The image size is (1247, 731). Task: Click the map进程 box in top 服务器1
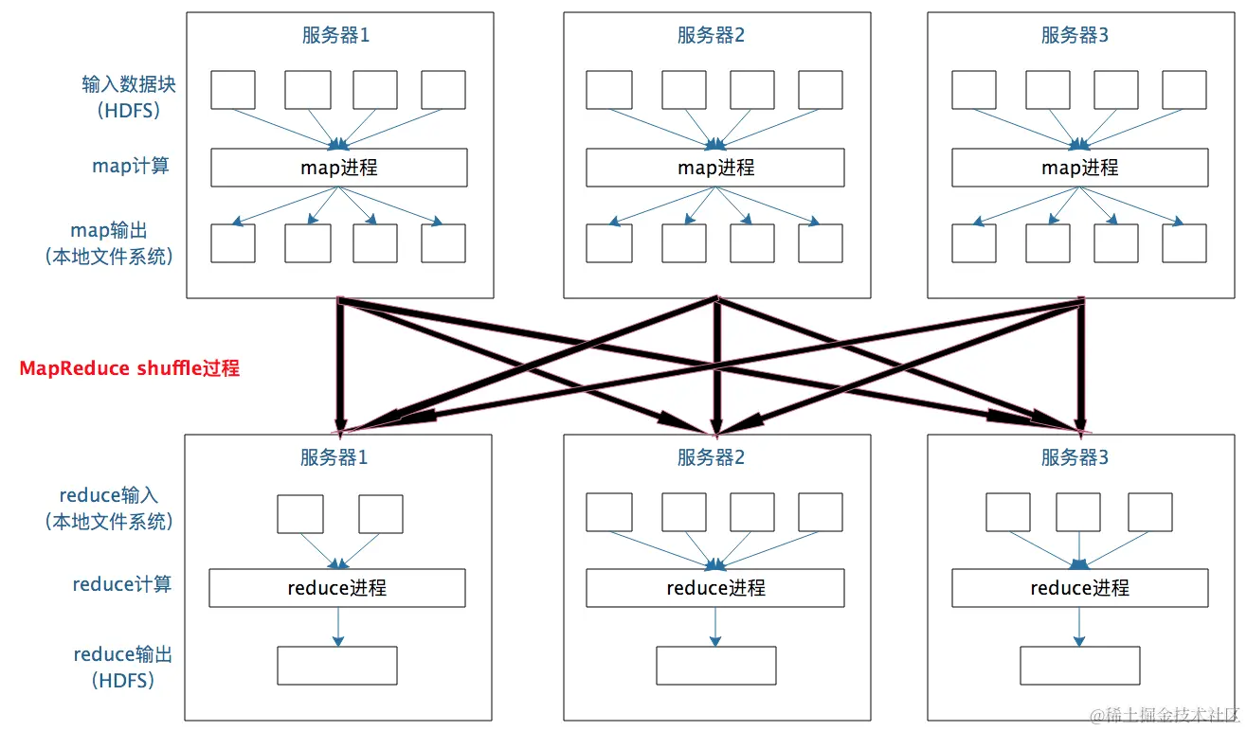(338, 168)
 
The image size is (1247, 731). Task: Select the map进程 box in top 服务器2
(714, 168)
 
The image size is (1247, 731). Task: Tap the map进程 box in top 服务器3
(1079, 168)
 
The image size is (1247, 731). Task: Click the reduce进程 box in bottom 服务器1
(336, 588)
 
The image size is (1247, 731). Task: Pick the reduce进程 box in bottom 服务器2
(714, 588)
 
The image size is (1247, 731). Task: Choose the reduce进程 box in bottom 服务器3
(1079, 588)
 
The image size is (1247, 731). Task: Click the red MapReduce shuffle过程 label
(130, 368)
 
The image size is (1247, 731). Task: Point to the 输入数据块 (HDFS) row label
(129, 97)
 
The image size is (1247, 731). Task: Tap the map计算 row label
(131, 166)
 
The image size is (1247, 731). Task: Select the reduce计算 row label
(122, 584)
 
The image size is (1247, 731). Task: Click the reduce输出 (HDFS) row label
(123, 667)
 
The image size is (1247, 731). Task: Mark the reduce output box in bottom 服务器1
(336, 666)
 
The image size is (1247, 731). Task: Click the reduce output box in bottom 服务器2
(715, 666)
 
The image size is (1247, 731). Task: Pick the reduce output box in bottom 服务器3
(1079, 666)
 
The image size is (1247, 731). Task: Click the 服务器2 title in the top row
(711, 36)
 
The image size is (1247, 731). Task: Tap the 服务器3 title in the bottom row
(1075, 458)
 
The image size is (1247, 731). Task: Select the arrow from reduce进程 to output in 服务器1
(337, 627)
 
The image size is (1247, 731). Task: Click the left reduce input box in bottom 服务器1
(299, 513)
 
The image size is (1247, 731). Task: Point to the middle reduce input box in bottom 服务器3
(1079, 512)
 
